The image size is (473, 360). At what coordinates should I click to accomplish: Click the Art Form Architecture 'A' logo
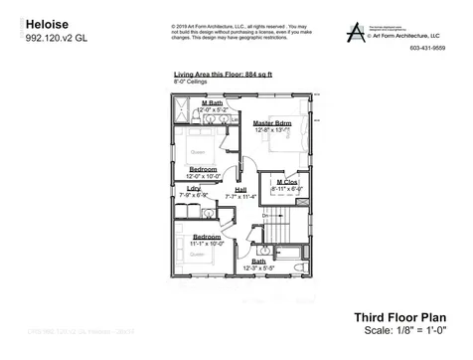click(x=355, y=31)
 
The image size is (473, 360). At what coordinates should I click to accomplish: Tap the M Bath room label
click(x=212, y=102)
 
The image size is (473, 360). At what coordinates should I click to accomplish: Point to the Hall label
click(x=240, y=190)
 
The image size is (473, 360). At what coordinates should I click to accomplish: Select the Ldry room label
click(x=195, y=189)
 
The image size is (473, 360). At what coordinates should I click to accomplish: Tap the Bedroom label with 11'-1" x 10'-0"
click(x=207, y=236)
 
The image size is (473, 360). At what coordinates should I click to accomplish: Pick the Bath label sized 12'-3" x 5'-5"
click(x=258, y=262)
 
